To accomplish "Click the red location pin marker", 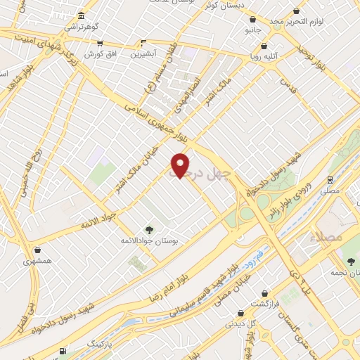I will tap(181, 165).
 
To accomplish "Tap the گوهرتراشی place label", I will tap(82, 26).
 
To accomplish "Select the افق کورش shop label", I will tap(99, 54).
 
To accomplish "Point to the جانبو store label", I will tap(253, 31).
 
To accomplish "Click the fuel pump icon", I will tap(63, 350).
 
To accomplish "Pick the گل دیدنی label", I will tap(240, 324).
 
